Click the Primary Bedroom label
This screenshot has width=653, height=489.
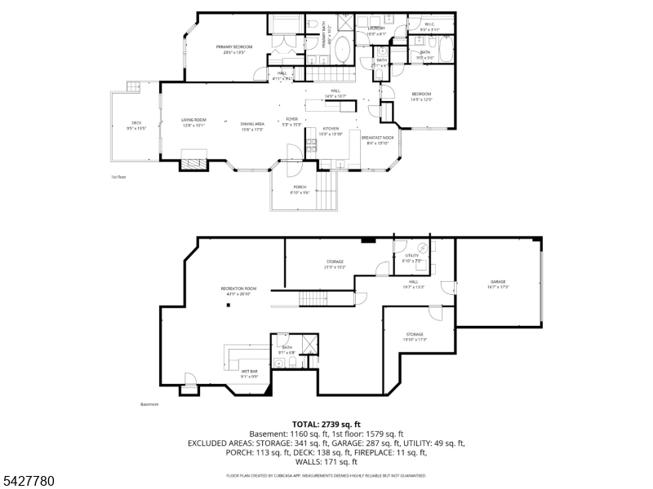coord(234,47)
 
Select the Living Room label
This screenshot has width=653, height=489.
coord(193,120)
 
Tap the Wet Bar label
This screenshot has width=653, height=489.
coord(250,372)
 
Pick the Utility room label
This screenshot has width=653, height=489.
coord(412,256)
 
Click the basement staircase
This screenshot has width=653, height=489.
coord(313,297)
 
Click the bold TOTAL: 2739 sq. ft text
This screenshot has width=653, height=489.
coord(326,425)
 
